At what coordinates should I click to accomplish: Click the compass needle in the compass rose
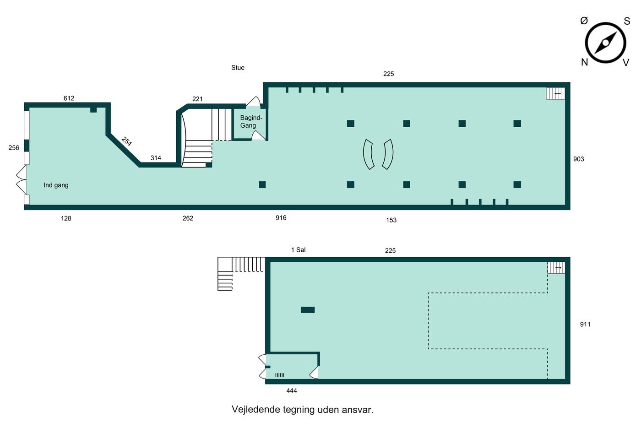click(605, 43)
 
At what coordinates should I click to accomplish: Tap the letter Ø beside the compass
click(584, 21)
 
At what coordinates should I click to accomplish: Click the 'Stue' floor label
click(238, 68)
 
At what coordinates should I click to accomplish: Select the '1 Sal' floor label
click(298, 250)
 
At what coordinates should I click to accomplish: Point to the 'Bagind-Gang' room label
click(251, 122)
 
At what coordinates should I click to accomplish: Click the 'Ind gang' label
click(56, 185)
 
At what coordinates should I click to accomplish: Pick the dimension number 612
click(69, 98)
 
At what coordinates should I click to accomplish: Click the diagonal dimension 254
click(126, 141)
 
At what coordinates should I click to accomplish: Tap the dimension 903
click(578, 159)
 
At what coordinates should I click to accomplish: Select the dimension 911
click(585, 324)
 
